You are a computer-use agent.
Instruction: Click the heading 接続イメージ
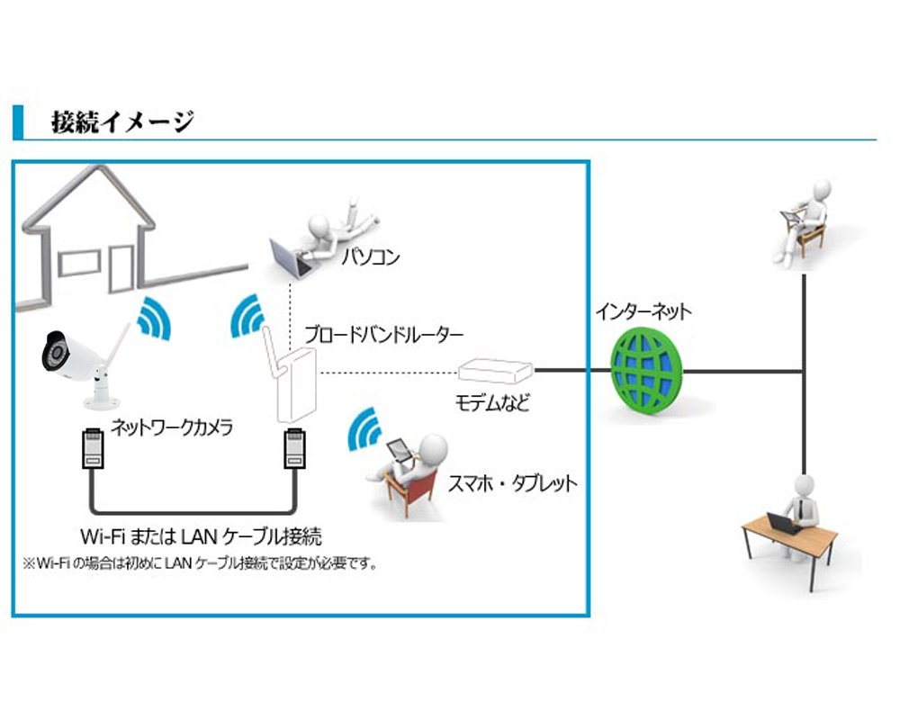pyautogui.click(x=122, y=121)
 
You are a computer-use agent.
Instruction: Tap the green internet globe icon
pyautogui.click(x=644, y=370)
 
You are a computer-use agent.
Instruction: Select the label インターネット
pyautogui.click(x=643, y=312)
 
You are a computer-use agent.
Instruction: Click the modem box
pyautogui.click(x=495, y=368)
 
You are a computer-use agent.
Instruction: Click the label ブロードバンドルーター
pyautogui.click(x=383, y=335)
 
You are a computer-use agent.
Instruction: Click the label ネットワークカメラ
pyautogui.click(x=172, y=427)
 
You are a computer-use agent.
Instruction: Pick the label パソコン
pyautogui.click(x=370, y=258)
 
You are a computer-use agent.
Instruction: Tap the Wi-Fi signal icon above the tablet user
pyautogui.click(x=365, y=430)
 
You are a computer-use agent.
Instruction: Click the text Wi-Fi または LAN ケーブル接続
pyautogui.click(x=201, y=537)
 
